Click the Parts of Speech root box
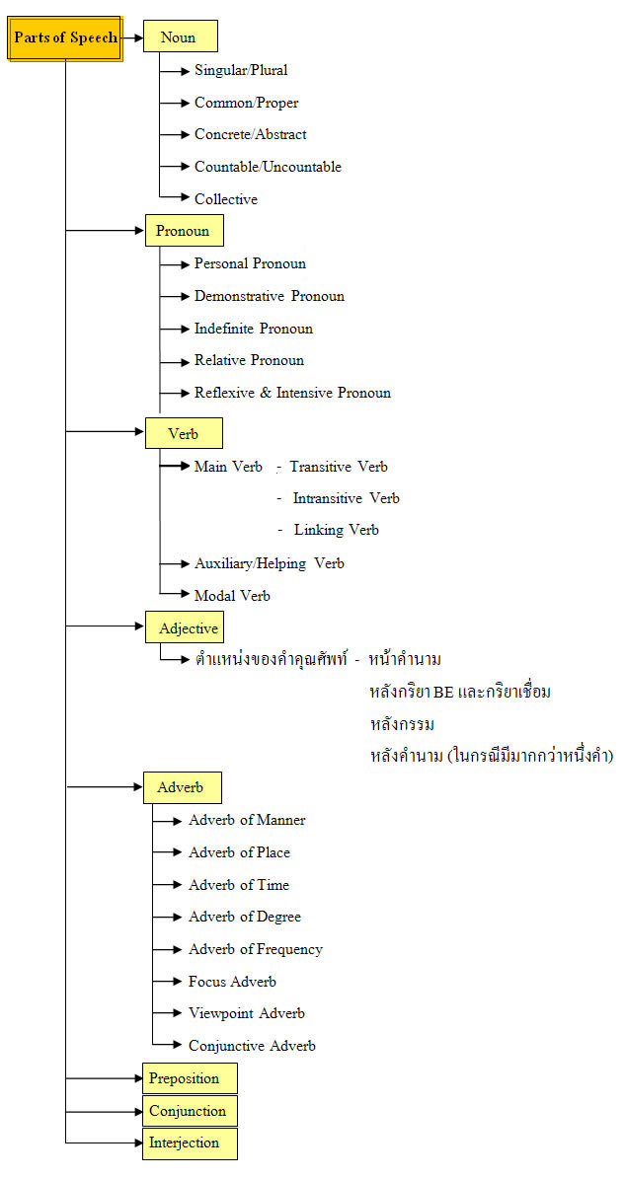(65, 37)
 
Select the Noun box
(180, 37)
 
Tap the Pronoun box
(184, 231)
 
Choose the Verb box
(184, 433)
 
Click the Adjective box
(185, 627)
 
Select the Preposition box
(191, 1077)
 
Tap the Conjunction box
(191, 1111)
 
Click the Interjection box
(191, 1142)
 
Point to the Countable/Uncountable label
(268, 167)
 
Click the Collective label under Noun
(226, 199)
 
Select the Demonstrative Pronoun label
(270, 296)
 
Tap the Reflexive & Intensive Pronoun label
(292, 393)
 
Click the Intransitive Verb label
(346, 498)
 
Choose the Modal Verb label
(232, 596)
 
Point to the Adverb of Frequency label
(256, 949)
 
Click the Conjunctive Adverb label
(252, 1045)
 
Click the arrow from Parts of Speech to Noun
(133, 37)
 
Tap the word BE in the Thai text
(443, 692)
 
